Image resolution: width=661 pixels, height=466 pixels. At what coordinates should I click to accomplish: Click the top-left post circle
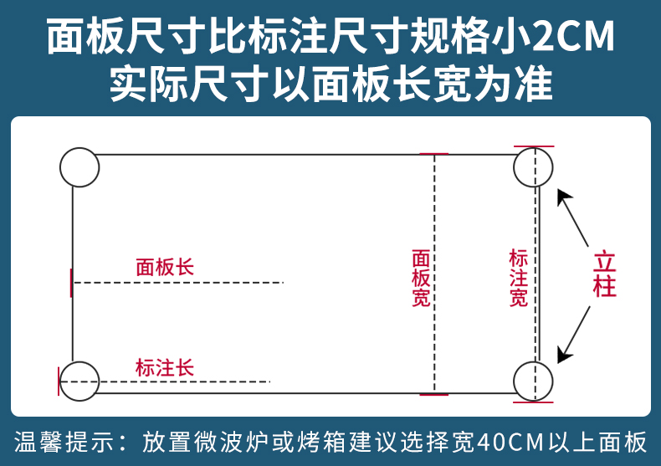tap(79, 166)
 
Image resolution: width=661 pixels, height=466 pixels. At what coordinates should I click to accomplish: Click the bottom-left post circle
tap(79, 381)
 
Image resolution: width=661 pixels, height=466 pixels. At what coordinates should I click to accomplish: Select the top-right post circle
tap(533, 167)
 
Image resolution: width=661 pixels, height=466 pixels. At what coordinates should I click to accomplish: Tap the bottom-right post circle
tap(533, 381)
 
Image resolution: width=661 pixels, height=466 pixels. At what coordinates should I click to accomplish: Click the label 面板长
tap(165, 267)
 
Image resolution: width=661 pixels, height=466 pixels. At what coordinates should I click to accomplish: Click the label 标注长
tap(165, 367)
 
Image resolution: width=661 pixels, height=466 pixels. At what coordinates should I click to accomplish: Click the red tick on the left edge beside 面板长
tap(71, 283)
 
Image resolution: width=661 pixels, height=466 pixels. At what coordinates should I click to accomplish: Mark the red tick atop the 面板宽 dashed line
tap(433, 154)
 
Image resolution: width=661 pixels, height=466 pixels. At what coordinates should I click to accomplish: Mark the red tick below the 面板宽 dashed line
tap(433, 392)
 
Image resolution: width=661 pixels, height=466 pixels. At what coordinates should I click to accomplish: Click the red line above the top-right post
tap(533, 146)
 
